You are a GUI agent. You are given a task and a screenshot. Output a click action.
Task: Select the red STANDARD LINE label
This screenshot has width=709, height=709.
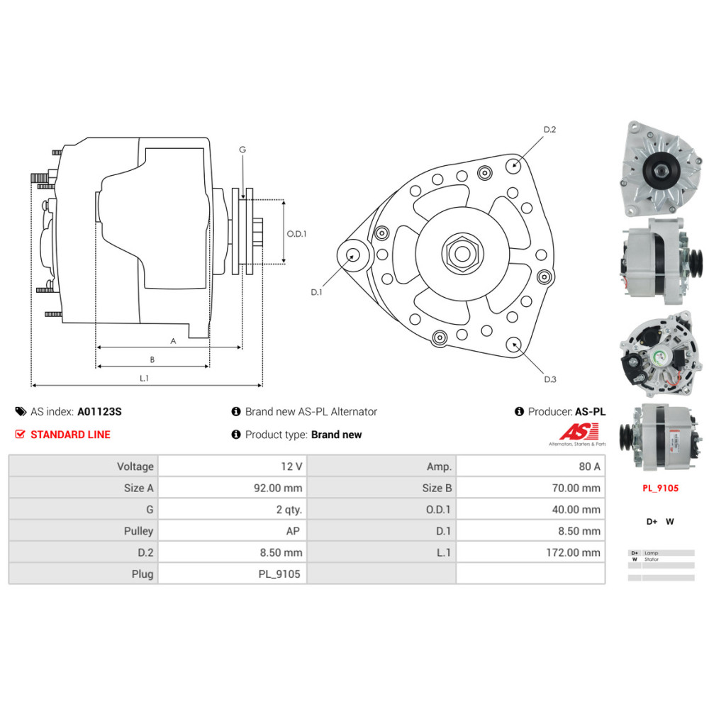pyautogui.click(x=70, y=435)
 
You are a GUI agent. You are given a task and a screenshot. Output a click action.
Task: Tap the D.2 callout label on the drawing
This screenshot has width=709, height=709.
pyautogui.click(x=549, y=130)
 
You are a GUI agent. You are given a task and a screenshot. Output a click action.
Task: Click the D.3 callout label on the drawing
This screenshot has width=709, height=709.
pyautogui.click(x=549, y=379)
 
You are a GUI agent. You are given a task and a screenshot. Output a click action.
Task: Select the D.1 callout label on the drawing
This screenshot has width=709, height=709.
pyautogui.click(x=316, y=291)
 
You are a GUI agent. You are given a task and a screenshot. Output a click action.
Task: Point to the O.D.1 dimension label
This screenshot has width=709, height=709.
pyautogui.click(x=296, y=234)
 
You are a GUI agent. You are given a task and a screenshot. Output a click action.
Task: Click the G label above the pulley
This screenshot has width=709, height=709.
pyautogui.click(x=242, y=150)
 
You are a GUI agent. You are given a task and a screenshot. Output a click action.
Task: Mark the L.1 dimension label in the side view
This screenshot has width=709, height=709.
pyautogui.click(x=143, y=379)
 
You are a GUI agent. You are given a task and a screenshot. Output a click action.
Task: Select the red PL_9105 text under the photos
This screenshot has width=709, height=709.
pyautogui.click(x=660, y=488)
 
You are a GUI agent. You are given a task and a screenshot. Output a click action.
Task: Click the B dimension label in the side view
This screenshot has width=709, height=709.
pyautogui.click(x=152, y=359)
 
